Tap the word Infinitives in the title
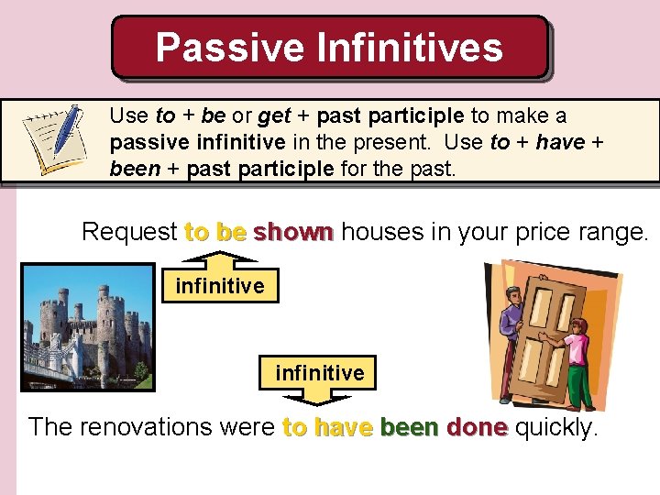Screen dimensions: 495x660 pos(402,47)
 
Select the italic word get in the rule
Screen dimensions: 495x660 pos(274,116)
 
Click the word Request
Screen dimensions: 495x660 pos(128,232)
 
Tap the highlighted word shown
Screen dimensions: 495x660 pos(293,232)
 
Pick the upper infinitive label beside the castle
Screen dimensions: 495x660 pos(220,286)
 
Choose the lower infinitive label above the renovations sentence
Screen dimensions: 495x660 pos(320,373)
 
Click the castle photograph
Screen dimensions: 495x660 pos(88,327)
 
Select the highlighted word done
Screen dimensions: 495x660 pos(477,427)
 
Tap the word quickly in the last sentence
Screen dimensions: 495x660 pos(556,427)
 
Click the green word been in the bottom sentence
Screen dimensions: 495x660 pos(410,427)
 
